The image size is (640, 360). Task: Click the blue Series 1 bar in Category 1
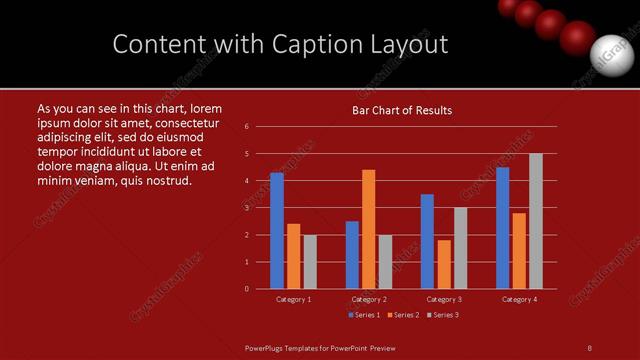[x=277, y=231]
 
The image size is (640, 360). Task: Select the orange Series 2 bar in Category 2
[x=369, y=229]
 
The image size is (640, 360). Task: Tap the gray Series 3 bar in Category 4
[x=536, y=221]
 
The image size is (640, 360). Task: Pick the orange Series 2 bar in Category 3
[x=444, y=264]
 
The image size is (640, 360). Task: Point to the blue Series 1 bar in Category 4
[x=503, y=228]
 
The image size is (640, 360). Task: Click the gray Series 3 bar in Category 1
[x=310, y=262]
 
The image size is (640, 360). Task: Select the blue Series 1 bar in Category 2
[x=352, y=255]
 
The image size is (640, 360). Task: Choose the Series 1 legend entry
[x=364, y=315]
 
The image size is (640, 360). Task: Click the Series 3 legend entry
[x=443, y=315]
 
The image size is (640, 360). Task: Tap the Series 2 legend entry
[x=403, y=315]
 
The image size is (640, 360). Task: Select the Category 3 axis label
[x=444, y=299]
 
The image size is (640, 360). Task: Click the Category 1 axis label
[x=294, y=299]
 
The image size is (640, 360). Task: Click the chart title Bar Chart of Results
[x=402, y=110]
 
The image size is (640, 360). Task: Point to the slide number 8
[x=590, y=348]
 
